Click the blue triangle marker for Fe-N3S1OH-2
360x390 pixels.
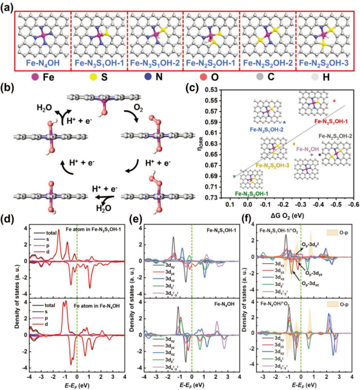pyautogui.click(x=284, y=122)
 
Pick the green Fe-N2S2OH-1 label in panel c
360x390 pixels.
pyautogui.click(x=252, y=194)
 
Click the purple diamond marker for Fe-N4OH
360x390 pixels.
pyautogui.click(x=312, y=155)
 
